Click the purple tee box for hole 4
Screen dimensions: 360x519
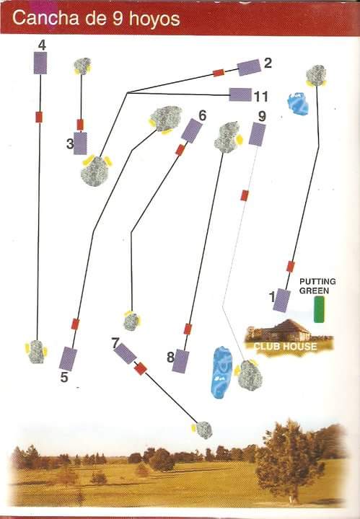coord(40,63)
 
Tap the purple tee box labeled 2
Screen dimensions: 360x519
coord(249,68)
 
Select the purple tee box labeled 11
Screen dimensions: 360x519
coord(240,94)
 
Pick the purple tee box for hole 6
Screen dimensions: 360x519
coord(191,130)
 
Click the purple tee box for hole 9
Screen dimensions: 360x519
coord(257,134)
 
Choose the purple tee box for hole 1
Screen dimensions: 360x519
coord(281,300)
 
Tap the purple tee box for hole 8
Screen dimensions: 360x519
coord(181,361)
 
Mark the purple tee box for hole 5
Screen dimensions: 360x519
coord(69,359)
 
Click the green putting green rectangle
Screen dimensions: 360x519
coord(319,309)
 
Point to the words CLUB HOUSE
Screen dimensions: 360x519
coord(285,346)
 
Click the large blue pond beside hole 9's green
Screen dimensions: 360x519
coord(222,371)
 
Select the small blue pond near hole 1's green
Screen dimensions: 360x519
coord(298,104)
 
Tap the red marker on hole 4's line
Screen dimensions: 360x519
coord(39,117)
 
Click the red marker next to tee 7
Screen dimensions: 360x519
coord(141,368)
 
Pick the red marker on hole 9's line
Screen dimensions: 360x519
coord(245,195)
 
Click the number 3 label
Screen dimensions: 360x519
coord(70,143)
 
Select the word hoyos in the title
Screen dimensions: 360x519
coord(154,19)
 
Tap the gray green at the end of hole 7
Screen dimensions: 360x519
coord(204,430)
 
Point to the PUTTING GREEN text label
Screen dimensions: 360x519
coord(317,286)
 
